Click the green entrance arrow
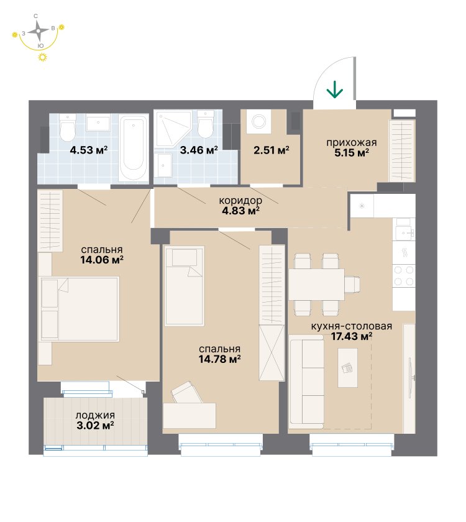[334, 89]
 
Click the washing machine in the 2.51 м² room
[258, 121]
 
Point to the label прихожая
[352, 142]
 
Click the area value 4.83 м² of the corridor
[240, 211]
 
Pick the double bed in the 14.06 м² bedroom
[80, 309]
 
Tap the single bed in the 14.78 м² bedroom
[184, 286]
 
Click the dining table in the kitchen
[316, 285]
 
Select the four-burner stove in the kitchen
[404, 276]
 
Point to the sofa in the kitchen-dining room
[306, 382]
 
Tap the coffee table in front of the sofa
[347, 368]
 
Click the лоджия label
[95, 416]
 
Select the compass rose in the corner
[39, 31]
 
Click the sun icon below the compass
[42, 57]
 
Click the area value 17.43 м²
[352, 336]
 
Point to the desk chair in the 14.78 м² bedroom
[186, 393]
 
